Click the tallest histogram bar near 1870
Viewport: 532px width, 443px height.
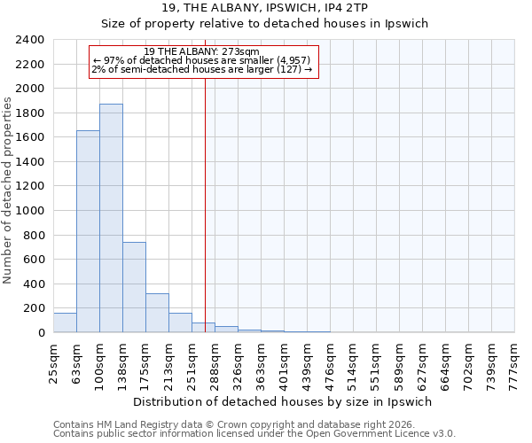(111, 218)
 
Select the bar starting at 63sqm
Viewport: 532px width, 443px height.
(88, 231)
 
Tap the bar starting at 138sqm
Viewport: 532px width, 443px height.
(134, 287)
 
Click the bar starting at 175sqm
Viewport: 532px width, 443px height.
(157, 313)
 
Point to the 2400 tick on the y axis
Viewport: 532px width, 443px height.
(31, 41)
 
